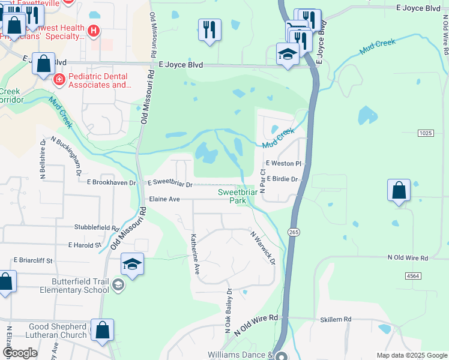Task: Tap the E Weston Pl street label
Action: click(283, 163)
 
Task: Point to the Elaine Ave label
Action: click(164, 199)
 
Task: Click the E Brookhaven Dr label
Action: click(112, 182)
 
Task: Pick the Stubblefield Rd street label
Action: click(96, 228)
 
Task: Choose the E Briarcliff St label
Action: click(34, 260)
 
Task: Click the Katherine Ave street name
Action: click(194, 254)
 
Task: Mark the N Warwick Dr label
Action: click(262, 248)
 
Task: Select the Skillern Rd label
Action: click(339, 319)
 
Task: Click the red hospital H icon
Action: click(92, 31)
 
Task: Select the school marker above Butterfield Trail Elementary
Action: click(132, 263)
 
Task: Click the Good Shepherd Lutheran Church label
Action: click(58, 331)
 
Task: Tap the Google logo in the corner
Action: click(20, 352)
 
